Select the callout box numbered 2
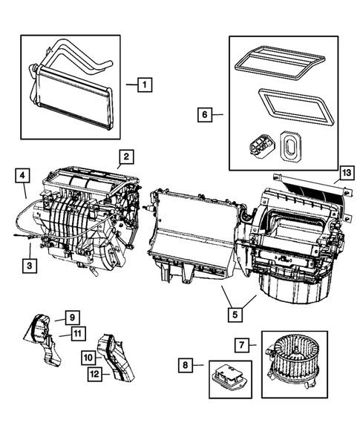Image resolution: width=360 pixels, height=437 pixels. (127, 156)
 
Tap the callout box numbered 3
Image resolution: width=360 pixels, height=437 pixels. (29, 264)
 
